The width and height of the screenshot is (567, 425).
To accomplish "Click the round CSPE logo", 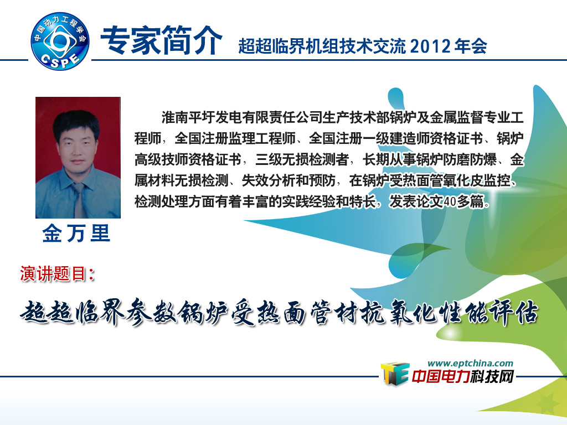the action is [x=60, y=41].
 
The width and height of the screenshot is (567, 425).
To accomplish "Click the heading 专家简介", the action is [x=161, y=40].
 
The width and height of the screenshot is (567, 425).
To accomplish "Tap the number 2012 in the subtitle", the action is [x=431, y=46].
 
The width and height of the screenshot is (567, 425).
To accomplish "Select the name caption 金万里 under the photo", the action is [x=76, y=233].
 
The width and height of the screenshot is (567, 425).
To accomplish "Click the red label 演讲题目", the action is [x=57, y=273].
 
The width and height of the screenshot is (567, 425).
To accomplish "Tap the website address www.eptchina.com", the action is [x=470, y=363].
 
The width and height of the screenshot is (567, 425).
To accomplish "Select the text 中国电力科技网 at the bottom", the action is [x=462, y=377].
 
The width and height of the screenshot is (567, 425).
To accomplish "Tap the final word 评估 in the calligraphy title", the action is [x=514, y=313].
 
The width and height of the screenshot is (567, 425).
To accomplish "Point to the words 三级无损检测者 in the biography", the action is [x=302, y=159].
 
